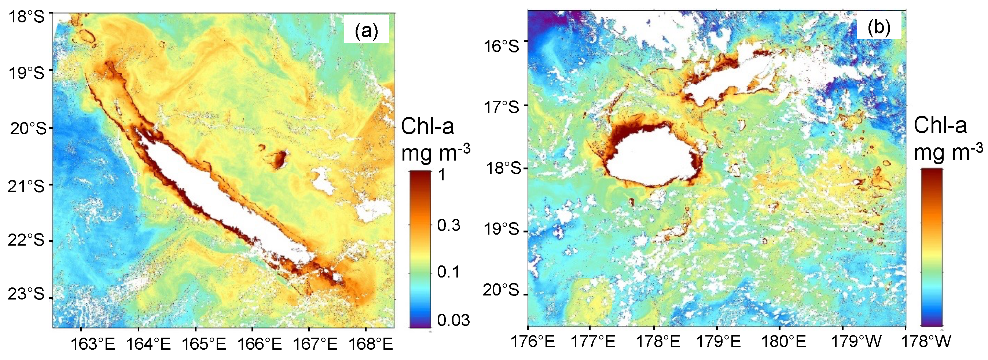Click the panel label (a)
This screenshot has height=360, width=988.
pyautogui.click(x=366, y=30)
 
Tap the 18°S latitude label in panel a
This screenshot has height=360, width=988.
pyautogui.click(x=26, y=17)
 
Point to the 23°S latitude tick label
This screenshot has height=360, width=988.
pyautogui.click(x=26, y=294)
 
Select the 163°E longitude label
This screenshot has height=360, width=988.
pyautogui.click(x=92, y=344)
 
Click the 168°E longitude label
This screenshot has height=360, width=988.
pyautogui.click(x=371, y=344)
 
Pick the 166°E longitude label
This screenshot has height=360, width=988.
pyautogui.click(x=259, y=344)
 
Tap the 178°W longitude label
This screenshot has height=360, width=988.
pyautogui.click(x=928, y=342)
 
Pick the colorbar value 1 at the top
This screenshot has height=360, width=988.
pyautogui.click(x=442, y=175)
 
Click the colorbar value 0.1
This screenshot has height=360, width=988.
pyautogui.click(x=448, y=272)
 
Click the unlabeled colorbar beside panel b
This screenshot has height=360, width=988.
pyautogui.click(x=932, y=247)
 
